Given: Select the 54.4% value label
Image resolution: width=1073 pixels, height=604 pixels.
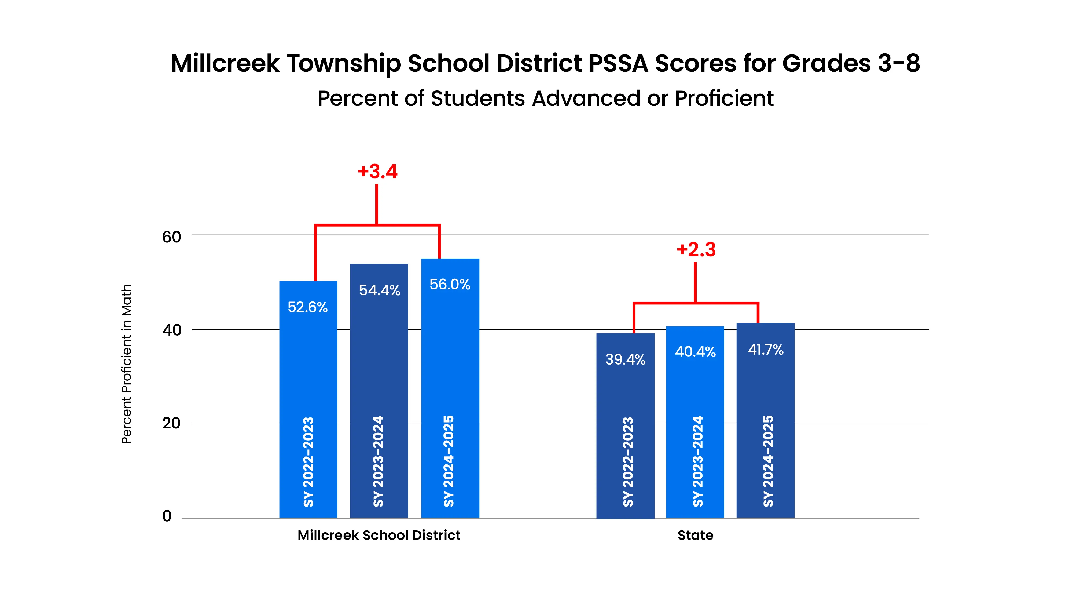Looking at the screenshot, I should coord(380,290).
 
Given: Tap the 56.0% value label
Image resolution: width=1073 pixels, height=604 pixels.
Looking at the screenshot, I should coord(450,284).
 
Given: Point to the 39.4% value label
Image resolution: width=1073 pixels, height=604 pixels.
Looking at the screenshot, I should coord(625,359).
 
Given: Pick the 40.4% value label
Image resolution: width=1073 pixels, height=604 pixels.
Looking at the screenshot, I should coord(695,352).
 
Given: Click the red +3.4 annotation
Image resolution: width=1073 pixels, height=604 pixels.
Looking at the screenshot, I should coord(378,171).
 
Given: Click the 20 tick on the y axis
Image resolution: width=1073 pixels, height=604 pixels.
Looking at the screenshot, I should coord(171,423).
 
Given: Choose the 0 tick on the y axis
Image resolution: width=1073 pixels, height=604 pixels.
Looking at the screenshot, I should coord(167,516).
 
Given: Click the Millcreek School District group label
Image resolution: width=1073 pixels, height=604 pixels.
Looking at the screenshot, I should coord(379,535).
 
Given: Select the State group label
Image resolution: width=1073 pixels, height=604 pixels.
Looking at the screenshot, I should coord(695,535).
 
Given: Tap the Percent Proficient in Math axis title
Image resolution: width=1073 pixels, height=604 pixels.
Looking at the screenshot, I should coord(126,364).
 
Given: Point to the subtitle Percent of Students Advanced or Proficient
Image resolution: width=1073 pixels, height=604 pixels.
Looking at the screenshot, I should coord(545,98).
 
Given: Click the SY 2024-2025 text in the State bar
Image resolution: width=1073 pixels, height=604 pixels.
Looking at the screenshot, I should coord(768,461).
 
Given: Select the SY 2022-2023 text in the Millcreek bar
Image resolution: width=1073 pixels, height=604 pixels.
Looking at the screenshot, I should coord(308,462).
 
